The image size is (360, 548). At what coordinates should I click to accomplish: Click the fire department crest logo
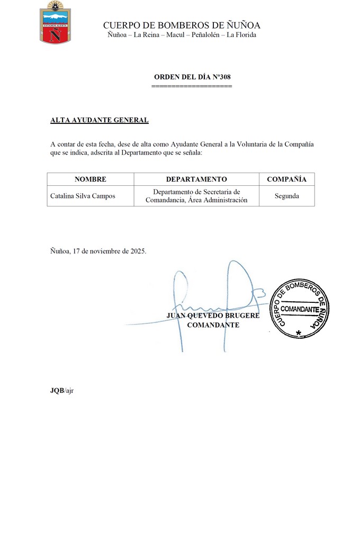(x=56, y=22)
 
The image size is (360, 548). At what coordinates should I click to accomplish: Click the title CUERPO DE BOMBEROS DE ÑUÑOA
(x=182, y=25)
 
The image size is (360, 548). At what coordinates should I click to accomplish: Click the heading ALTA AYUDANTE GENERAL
(x=99, y=120)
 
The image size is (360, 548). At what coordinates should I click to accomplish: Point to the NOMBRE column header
(x=90, y=179)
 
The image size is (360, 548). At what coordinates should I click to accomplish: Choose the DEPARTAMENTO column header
(x=196, y=179)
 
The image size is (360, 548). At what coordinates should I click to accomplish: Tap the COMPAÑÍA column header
(x=286, y=179)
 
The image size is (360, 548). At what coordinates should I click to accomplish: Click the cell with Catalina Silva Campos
(x=83, y=196)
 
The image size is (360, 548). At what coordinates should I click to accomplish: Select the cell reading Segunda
(x=286, y=196)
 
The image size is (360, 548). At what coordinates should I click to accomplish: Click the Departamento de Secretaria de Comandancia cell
(x=196, y=196)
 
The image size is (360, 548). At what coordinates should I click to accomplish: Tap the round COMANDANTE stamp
(x=300, y=308)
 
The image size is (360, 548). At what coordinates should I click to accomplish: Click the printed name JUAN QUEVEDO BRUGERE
(x=213, y=316)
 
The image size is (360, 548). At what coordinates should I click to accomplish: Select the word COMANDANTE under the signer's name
(x=213, y=325)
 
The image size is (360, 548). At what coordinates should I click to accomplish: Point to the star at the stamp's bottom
(x=299, y=333)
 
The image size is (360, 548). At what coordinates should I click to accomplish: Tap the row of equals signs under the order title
(x=192, y=86)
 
